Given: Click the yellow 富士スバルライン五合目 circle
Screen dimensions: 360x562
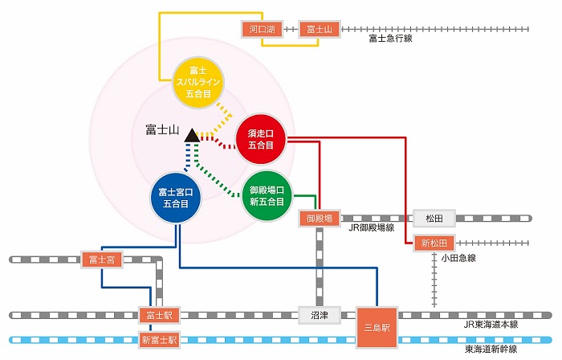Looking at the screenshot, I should point(202,83).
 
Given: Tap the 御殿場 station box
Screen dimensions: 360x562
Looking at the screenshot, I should point(320,217).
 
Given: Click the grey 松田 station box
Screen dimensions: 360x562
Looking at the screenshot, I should point(434,217).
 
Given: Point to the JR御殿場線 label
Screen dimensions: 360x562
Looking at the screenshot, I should point(372,229).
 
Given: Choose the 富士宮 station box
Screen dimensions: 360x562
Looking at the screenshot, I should point(101,259).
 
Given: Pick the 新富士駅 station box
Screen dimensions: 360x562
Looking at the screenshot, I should point(157,340).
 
